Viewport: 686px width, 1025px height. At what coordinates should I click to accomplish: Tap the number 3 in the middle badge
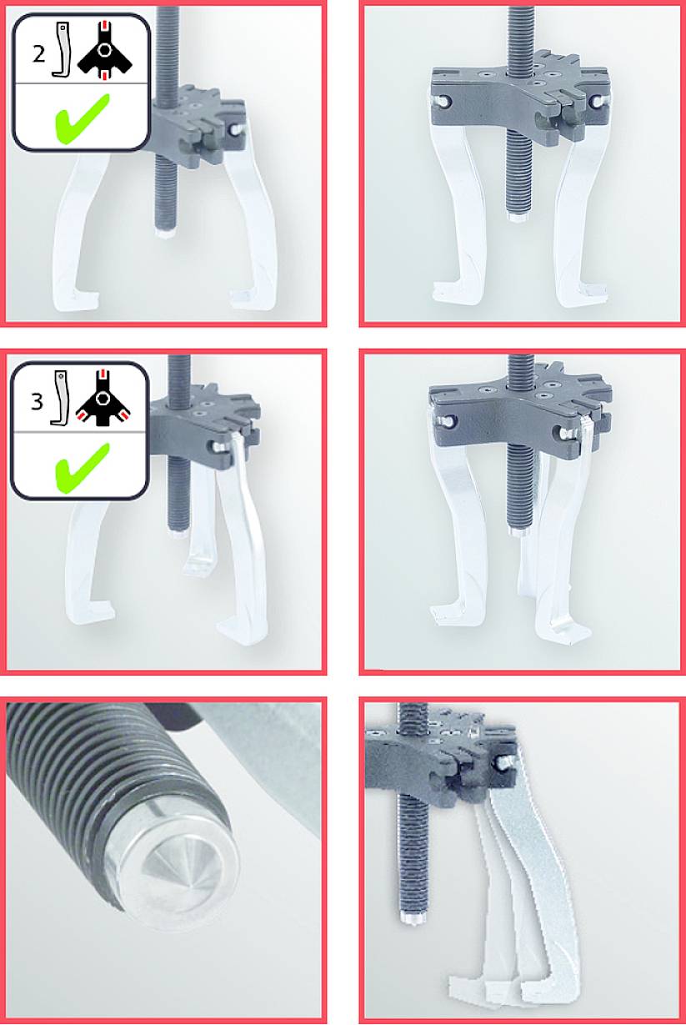36,401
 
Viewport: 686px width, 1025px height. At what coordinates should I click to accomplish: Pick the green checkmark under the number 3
82,464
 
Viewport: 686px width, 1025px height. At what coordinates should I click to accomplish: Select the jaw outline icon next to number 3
59,398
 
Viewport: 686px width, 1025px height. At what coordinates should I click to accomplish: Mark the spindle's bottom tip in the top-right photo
517,217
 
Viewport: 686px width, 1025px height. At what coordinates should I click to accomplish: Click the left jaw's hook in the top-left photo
82,295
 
